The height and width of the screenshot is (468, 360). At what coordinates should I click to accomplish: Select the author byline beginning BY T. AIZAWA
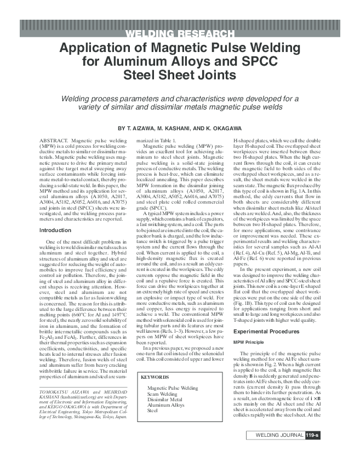[180, 128]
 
